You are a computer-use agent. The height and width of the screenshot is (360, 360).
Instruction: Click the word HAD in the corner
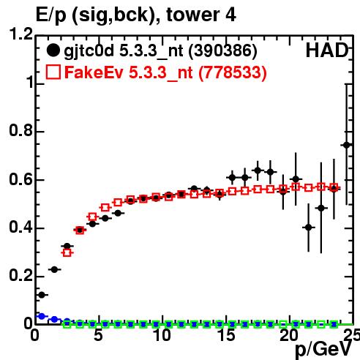click(x=327, y=50)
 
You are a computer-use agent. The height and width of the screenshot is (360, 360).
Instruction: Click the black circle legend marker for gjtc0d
click(x=53, y=50)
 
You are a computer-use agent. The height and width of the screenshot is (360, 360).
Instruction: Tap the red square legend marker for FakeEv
click(x=53, y=72)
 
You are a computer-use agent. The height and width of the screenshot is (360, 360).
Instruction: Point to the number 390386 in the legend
click(x=223, y=50)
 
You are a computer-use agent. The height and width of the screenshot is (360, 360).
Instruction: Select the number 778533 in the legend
click(x=233, y=72)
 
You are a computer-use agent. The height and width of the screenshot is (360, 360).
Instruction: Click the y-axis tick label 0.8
click(x=20, y=130)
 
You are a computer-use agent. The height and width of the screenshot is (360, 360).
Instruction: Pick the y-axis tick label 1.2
click(x=20, y=34)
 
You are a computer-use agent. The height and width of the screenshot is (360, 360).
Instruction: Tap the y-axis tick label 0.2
click(x=20, y=276)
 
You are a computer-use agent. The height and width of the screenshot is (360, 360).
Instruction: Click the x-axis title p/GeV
click(x=323, y=350)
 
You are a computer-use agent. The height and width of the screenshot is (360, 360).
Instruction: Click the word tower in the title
click(x=192, y=15)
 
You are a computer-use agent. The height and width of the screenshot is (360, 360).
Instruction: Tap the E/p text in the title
click(x=51, y=15)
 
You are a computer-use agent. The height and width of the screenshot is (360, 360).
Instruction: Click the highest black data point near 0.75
click(x=346, y=145)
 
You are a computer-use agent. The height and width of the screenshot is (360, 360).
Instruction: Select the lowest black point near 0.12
click(x=42, y=295)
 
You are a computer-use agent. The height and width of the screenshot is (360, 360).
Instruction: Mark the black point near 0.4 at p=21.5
click(x=309, y=228)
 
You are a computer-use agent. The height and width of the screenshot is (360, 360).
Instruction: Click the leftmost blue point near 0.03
click(x=42, y=316)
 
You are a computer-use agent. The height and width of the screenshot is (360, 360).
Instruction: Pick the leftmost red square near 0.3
click(x=67, y=252)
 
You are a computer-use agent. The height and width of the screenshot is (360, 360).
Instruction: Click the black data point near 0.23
click(x=54, y=270)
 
